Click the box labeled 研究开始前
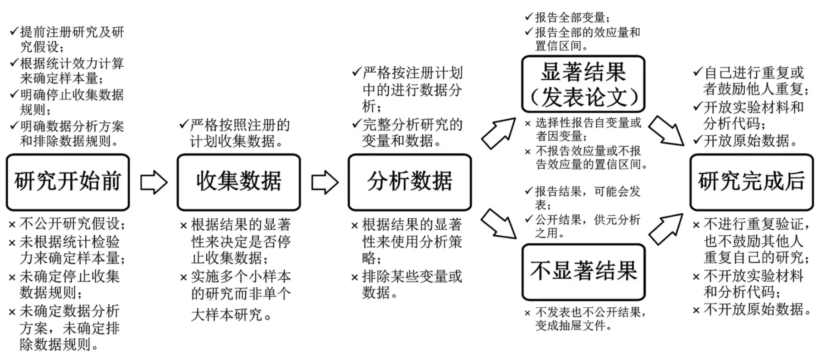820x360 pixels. [68, 182]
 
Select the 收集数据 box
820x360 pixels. [238, 182]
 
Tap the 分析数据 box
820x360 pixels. [409, 182]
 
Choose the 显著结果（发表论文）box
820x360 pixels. [583, 84]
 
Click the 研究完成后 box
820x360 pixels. [751, 182]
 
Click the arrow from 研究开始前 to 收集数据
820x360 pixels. [153, 183]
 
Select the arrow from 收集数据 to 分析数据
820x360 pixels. [325, 183]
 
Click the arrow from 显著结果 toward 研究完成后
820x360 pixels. [667, 131]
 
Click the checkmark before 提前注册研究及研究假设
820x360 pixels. [14, 32]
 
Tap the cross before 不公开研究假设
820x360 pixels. [12, 225]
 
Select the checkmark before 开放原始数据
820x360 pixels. [697, 140]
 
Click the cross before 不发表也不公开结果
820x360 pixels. [528, 314]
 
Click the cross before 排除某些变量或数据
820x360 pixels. [354, 278]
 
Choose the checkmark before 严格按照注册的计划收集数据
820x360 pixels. [184, 124]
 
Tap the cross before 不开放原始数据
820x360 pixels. [696, 310]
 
